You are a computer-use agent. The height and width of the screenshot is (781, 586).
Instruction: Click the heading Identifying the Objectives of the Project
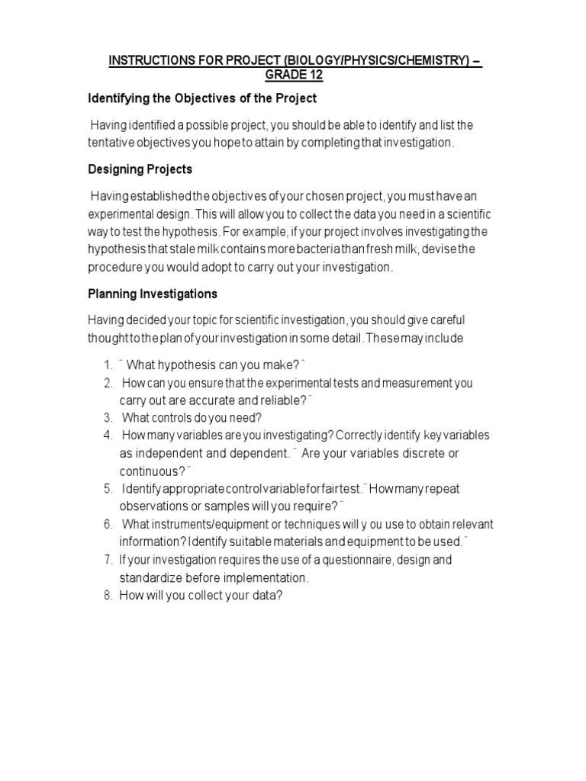202,99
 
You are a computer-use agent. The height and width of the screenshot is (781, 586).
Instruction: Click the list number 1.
108,364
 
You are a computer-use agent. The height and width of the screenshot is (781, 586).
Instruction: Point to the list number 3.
108,417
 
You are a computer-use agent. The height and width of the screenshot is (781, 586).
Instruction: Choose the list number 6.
108,524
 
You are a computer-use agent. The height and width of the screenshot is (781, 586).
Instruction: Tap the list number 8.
108,596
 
